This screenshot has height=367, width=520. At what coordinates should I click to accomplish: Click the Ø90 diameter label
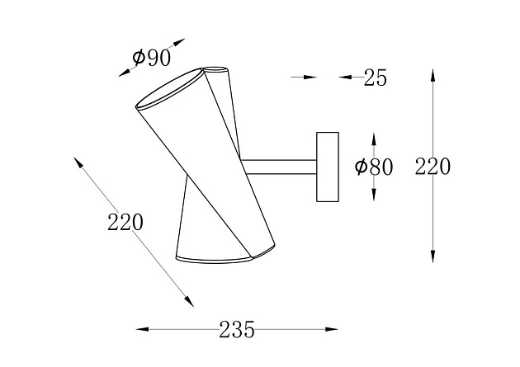pyautogui.click(x=152, y=58)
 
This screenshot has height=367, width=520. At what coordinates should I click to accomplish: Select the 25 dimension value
pyautogui.click(x=375, y=78)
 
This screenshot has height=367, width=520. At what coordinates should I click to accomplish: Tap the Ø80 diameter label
pyautogui.click(x=374, y=167)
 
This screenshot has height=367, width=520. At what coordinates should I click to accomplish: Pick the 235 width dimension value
pyautogui.click(x=237, y=330)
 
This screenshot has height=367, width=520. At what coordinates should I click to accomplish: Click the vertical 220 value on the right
pyautogui.click(x=433, y=167)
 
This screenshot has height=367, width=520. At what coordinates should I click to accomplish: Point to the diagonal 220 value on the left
pyautogui.click(x=125, y=222)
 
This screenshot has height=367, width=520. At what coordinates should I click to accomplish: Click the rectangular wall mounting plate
pyautogui.click(x=328, y=167)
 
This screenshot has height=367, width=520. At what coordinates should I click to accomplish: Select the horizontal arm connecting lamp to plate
pyautogui.click(x=279, y=167)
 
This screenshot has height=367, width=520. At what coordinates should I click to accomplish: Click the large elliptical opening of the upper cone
pyautogui.click(x=169, y=88)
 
